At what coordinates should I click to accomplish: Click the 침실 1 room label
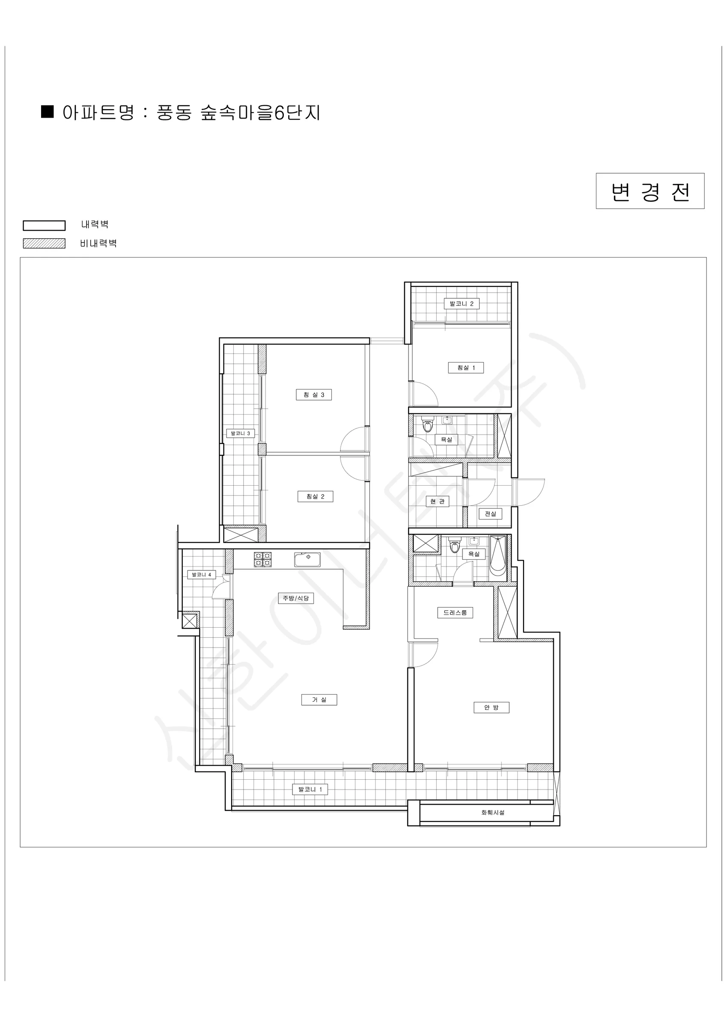(x=465, y=368)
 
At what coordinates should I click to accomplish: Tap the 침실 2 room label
(x=315, y=496)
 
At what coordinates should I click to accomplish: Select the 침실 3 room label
(x=314, y=395)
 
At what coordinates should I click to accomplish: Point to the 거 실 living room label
(x=319, y=700)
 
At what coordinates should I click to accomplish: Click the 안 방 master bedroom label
(x=491, y=707)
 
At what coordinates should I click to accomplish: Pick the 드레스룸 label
(x=455, y=612)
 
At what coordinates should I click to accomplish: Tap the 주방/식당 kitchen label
(x=296, y=598)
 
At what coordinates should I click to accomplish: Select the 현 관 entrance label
(x=438, y=502)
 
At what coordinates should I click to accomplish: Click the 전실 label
(x=491, y=513)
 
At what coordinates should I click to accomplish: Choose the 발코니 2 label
(x=462, y=304)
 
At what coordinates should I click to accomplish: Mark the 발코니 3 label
(x=240, y=433)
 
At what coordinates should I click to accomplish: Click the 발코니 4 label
(x=202, y=574)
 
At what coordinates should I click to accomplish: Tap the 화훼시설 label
(x=493, y=812)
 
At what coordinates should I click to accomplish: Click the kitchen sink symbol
(x=307, y=559)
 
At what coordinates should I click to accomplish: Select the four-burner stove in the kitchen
(x=263, y=560)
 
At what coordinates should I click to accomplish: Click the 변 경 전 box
(x=650, y=191)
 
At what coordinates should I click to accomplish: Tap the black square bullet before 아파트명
(x=48, y=111)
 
